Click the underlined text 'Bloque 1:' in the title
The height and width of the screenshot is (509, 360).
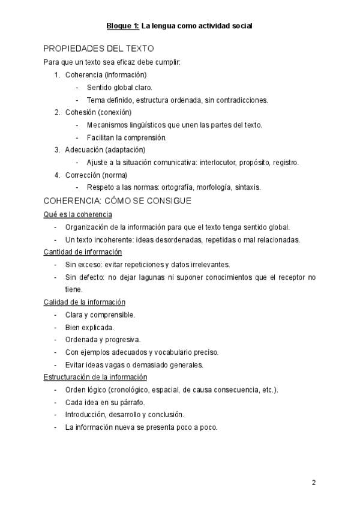tap(123, 26)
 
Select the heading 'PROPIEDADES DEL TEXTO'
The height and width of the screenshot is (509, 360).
tap(99, 49)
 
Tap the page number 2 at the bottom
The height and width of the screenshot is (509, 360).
tap(314, 483)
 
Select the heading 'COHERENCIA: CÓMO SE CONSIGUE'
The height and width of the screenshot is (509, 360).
tap(118, 200)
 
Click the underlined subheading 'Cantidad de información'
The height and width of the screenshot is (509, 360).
tap(83, 251)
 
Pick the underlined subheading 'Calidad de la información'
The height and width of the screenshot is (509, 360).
tap(85, 302)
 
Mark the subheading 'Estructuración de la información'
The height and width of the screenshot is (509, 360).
tap(95, 377)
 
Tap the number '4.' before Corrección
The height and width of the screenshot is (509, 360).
tap(58, 175)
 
